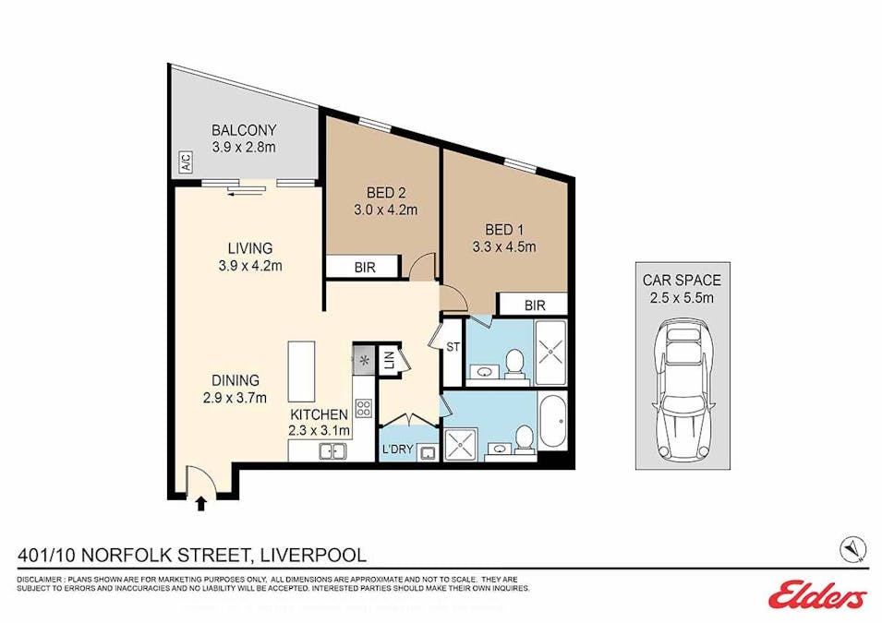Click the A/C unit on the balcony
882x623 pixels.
click(187, 162)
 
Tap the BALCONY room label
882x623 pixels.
click(244, 130)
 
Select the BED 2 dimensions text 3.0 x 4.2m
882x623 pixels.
click(386, 210)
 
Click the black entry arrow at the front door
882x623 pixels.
click(201, 502)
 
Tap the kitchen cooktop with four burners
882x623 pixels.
click(363, 408)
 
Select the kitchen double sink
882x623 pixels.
click(332, 450)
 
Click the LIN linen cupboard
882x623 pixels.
click(389, 360)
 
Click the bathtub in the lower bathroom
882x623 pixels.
click(552, 422)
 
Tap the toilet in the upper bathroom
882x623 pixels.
click(514, 362)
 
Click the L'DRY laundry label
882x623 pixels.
click(398, 449)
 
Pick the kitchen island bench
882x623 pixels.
click(301, 371)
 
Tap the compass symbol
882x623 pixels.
click(852, 549)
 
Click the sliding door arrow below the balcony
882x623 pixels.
click(247, 192)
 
